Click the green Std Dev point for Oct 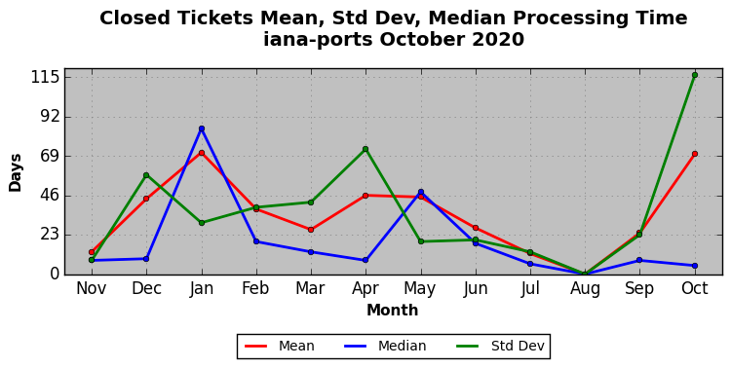[695, 75]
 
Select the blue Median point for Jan [202, 129]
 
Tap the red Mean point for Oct [695, 154]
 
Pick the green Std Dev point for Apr [365, 149]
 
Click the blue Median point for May [421, 192]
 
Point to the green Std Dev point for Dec [146, 175]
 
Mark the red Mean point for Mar [311, 230]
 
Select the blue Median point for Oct [695, 266]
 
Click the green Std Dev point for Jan [202, 223]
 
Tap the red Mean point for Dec [146, 199]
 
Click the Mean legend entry [280, 347]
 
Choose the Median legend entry [385, 347]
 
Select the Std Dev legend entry [500, 347]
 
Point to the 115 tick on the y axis [46, 77]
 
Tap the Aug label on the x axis [585, 288]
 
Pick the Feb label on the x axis [256, 288]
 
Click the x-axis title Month [393, 311]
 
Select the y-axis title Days [16, 173]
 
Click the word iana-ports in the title [318, 39]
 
